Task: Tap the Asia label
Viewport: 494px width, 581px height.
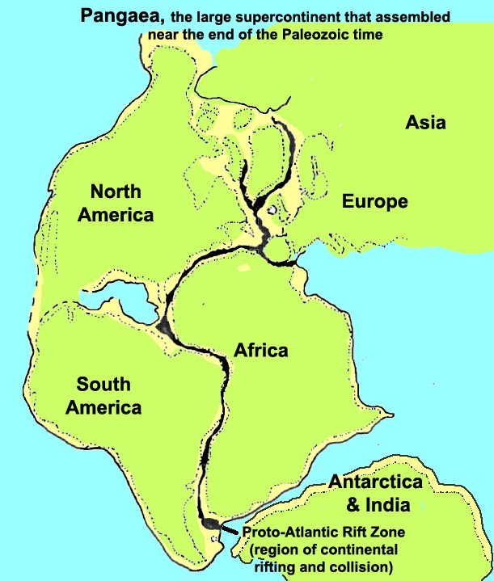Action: [425, 123]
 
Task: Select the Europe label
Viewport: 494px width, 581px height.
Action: [374, 201]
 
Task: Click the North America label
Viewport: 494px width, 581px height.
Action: [121, 204]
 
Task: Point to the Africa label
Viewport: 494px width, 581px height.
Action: [261, 351]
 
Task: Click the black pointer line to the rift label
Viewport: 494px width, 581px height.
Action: [230, 530]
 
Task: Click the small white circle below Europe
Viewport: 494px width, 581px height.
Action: [272, 212]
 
